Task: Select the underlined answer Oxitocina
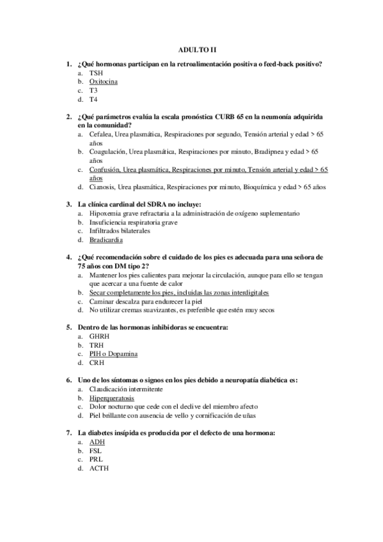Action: [x=103, y=82]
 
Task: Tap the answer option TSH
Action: [x=97, y=73]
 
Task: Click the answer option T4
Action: [x=94, y=100]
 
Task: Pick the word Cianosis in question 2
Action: [x=102, y=188]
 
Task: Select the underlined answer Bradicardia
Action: [x=106, y=240]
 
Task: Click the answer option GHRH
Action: [x=99, y=336]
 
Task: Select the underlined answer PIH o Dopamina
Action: [x=113, y=353]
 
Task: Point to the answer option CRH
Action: [x=97, y=362]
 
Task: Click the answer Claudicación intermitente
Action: [x=128, y=389]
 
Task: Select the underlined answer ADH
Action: [x=97, y=442]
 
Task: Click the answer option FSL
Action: [x=96, y=451]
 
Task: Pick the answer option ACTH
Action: [x=98, y=468]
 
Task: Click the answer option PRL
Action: [x=96, y=459]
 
